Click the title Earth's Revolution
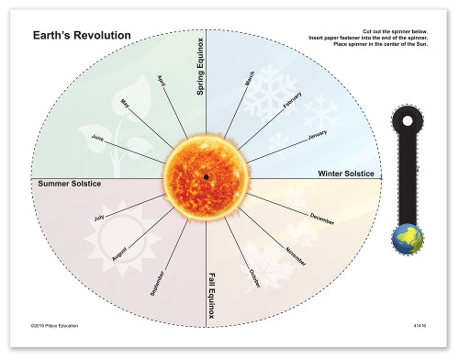tap(82, 36)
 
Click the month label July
tap(99, 219)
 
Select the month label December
tap(322, 218)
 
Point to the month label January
tap(317, 134)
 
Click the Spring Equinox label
tap(200, 67)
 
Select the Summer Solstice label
tap(69, 184)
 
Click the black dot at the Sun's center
tap(206, 176)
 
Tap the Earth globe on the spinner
tap(407, 240)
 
